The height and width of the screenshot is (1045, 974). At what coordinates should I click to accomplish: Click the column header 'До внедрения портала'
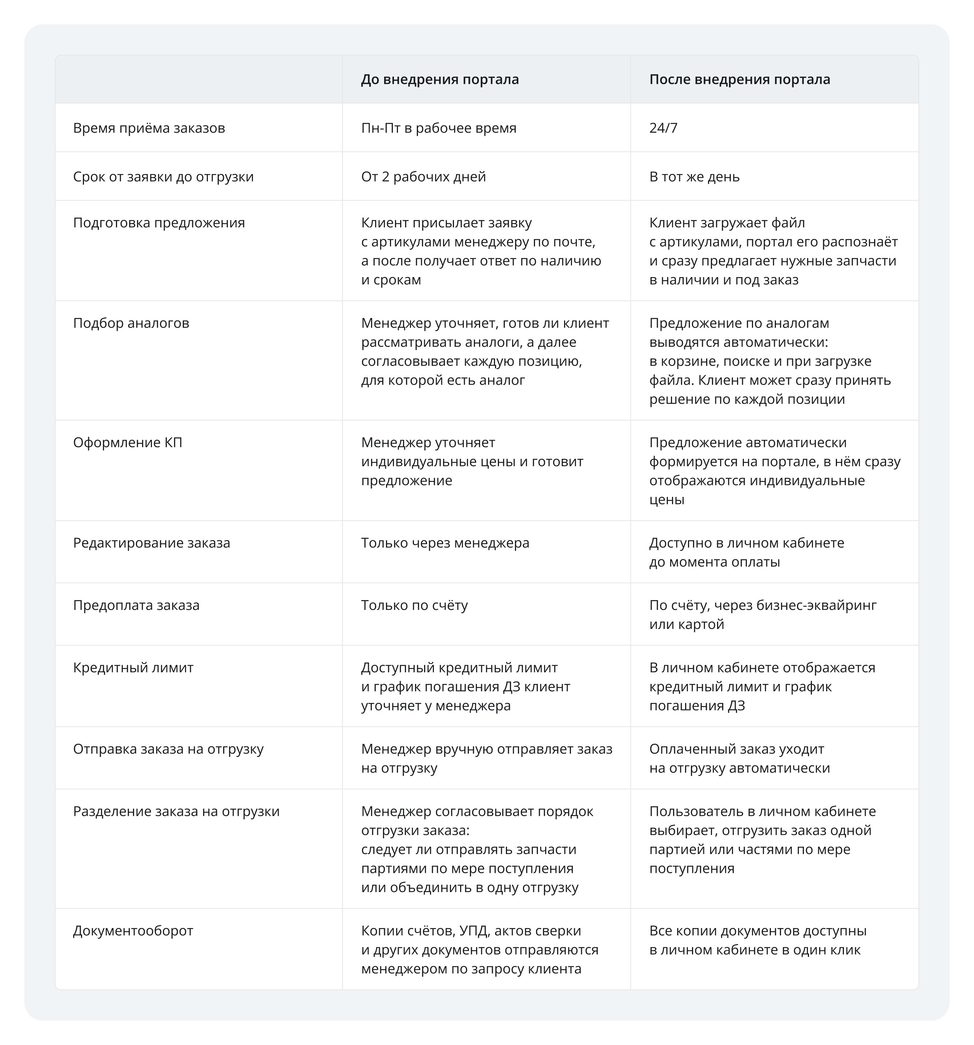pyautogui.click(x=440, y=80)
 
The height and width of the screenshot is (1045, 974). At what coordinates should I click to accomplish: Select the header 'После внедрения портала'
pyautogui.click(x=740, y=80)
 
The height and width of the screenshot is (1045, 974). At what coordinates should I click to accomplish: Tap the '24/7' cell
pyautogui.click(x=663, y=128)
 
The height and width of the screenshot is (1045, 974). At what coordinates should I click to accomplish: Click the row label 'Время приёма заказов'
pyautogui.click(x=149, y=128)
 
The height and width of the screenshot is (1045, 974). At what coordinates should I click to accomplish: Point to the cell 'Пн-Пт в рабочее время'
pyautogui.click(x=439, y=128)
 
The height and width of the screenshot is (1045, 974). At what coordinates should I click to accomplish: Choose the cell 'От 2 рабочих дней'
pyautogui.click(x=423, y=177)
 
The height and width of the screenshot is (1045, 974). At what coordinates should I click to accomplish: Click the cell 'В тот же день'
pyautogui.click(x=694, y=177)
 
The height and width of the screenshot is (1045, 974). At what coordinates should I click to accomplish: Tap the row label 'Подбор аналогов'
pyautogui.click(x=131, y=323)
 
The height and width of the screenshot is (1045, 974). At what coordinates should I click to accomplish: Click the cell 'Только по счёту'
pyautogui.click(x=414, y=605)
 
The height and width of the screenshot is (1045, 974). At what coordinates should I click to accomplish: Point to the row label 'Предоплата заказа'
pyautogui.click(x=136, y=605)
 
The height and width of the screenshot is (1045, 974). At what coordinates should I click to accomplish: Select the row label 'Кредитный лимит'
pyautogui.click(x=133, y=668)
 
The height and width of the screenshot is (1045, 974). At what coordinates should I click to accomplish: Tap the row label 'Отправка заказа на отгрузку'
pyautogui.click(x=168, y=749)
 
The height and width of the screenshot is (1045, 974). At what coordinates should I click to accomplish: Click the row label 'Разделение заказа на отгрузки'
pyautogui.click(x=176, y=811)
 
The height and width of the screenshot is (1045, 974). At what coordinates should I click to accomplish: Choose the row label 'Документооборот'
pyautogui.click(x=133, y=931)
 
